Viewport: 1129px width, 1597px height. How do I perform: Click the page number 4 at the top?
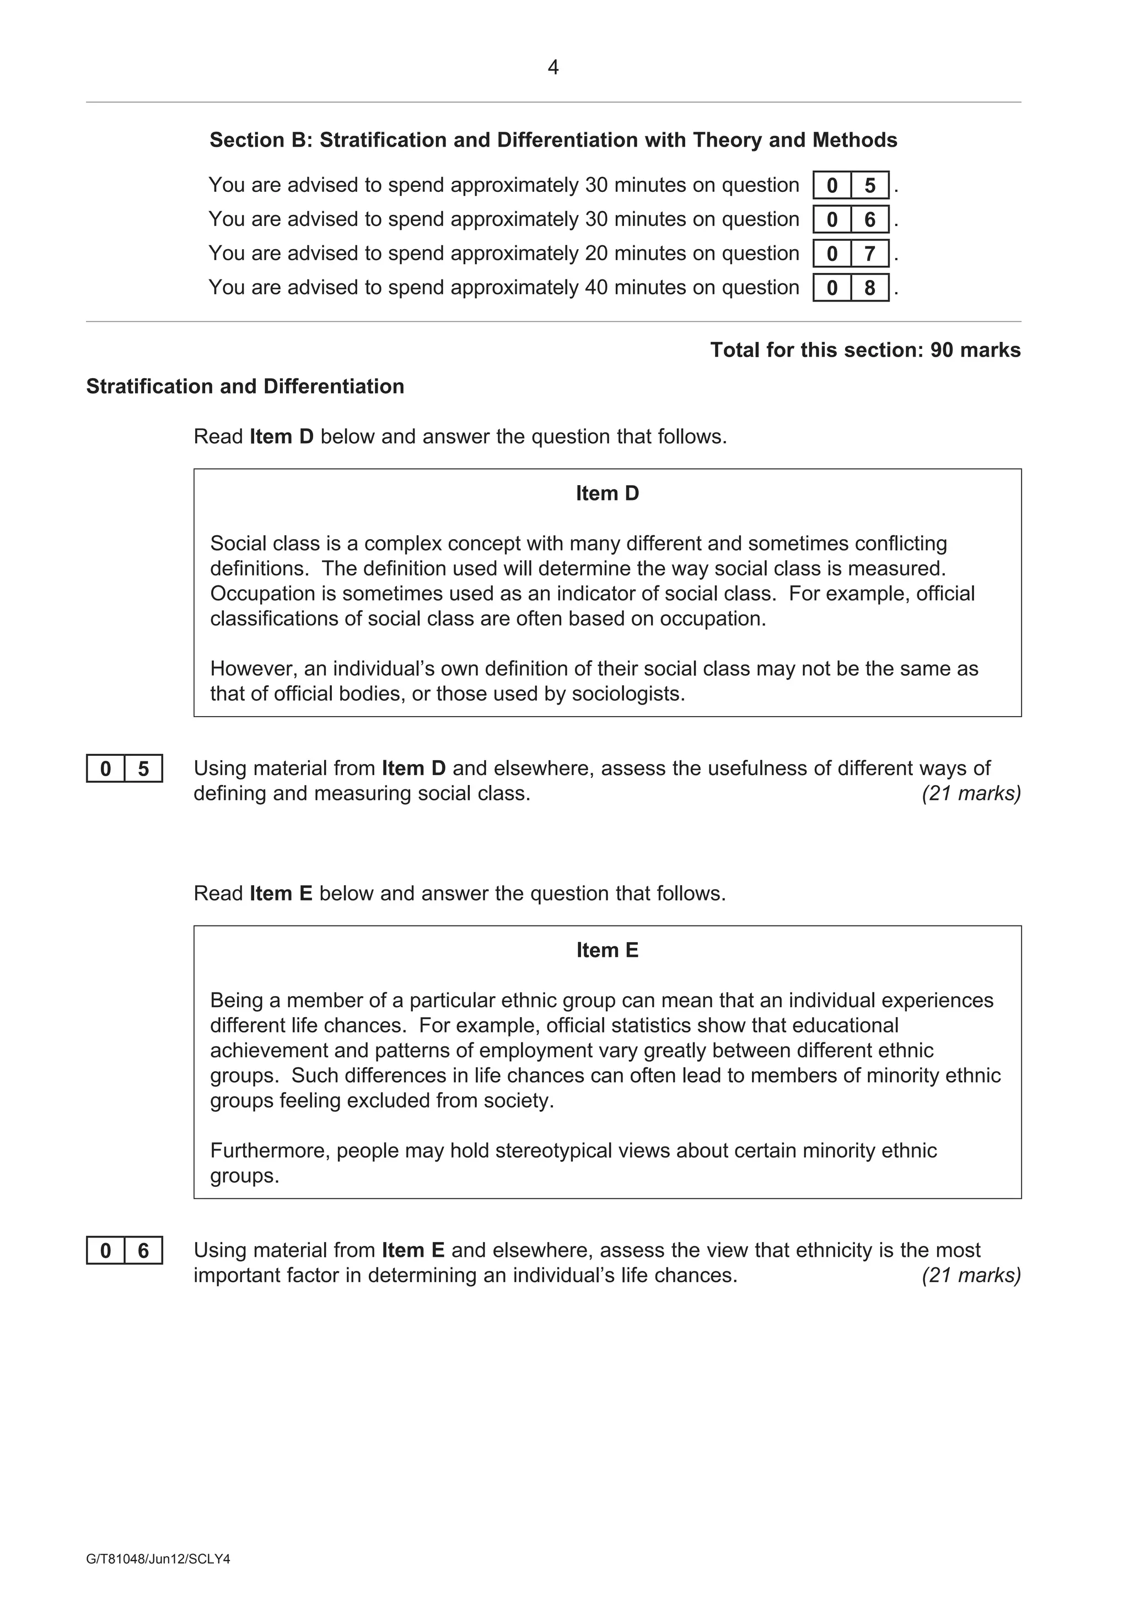pos(553,67)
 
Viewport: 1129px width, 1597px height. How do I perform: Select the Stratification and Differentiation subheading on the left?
pos(245,387)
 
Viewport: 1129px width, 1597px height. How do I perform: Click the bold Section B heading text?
pos(553,141)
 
